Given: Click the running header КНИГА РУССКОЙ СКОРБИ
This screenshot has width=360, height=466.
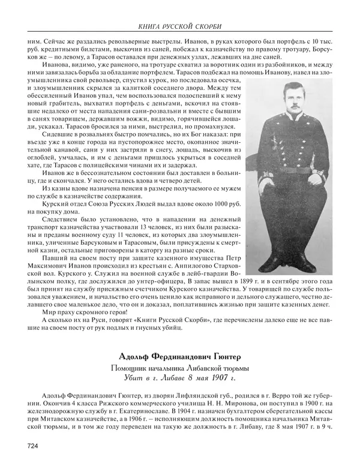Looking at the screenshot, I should coord(180,26).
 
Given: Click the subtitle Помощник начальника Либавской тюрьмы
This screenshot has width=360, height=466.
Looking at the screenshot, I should coord(180,368).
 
